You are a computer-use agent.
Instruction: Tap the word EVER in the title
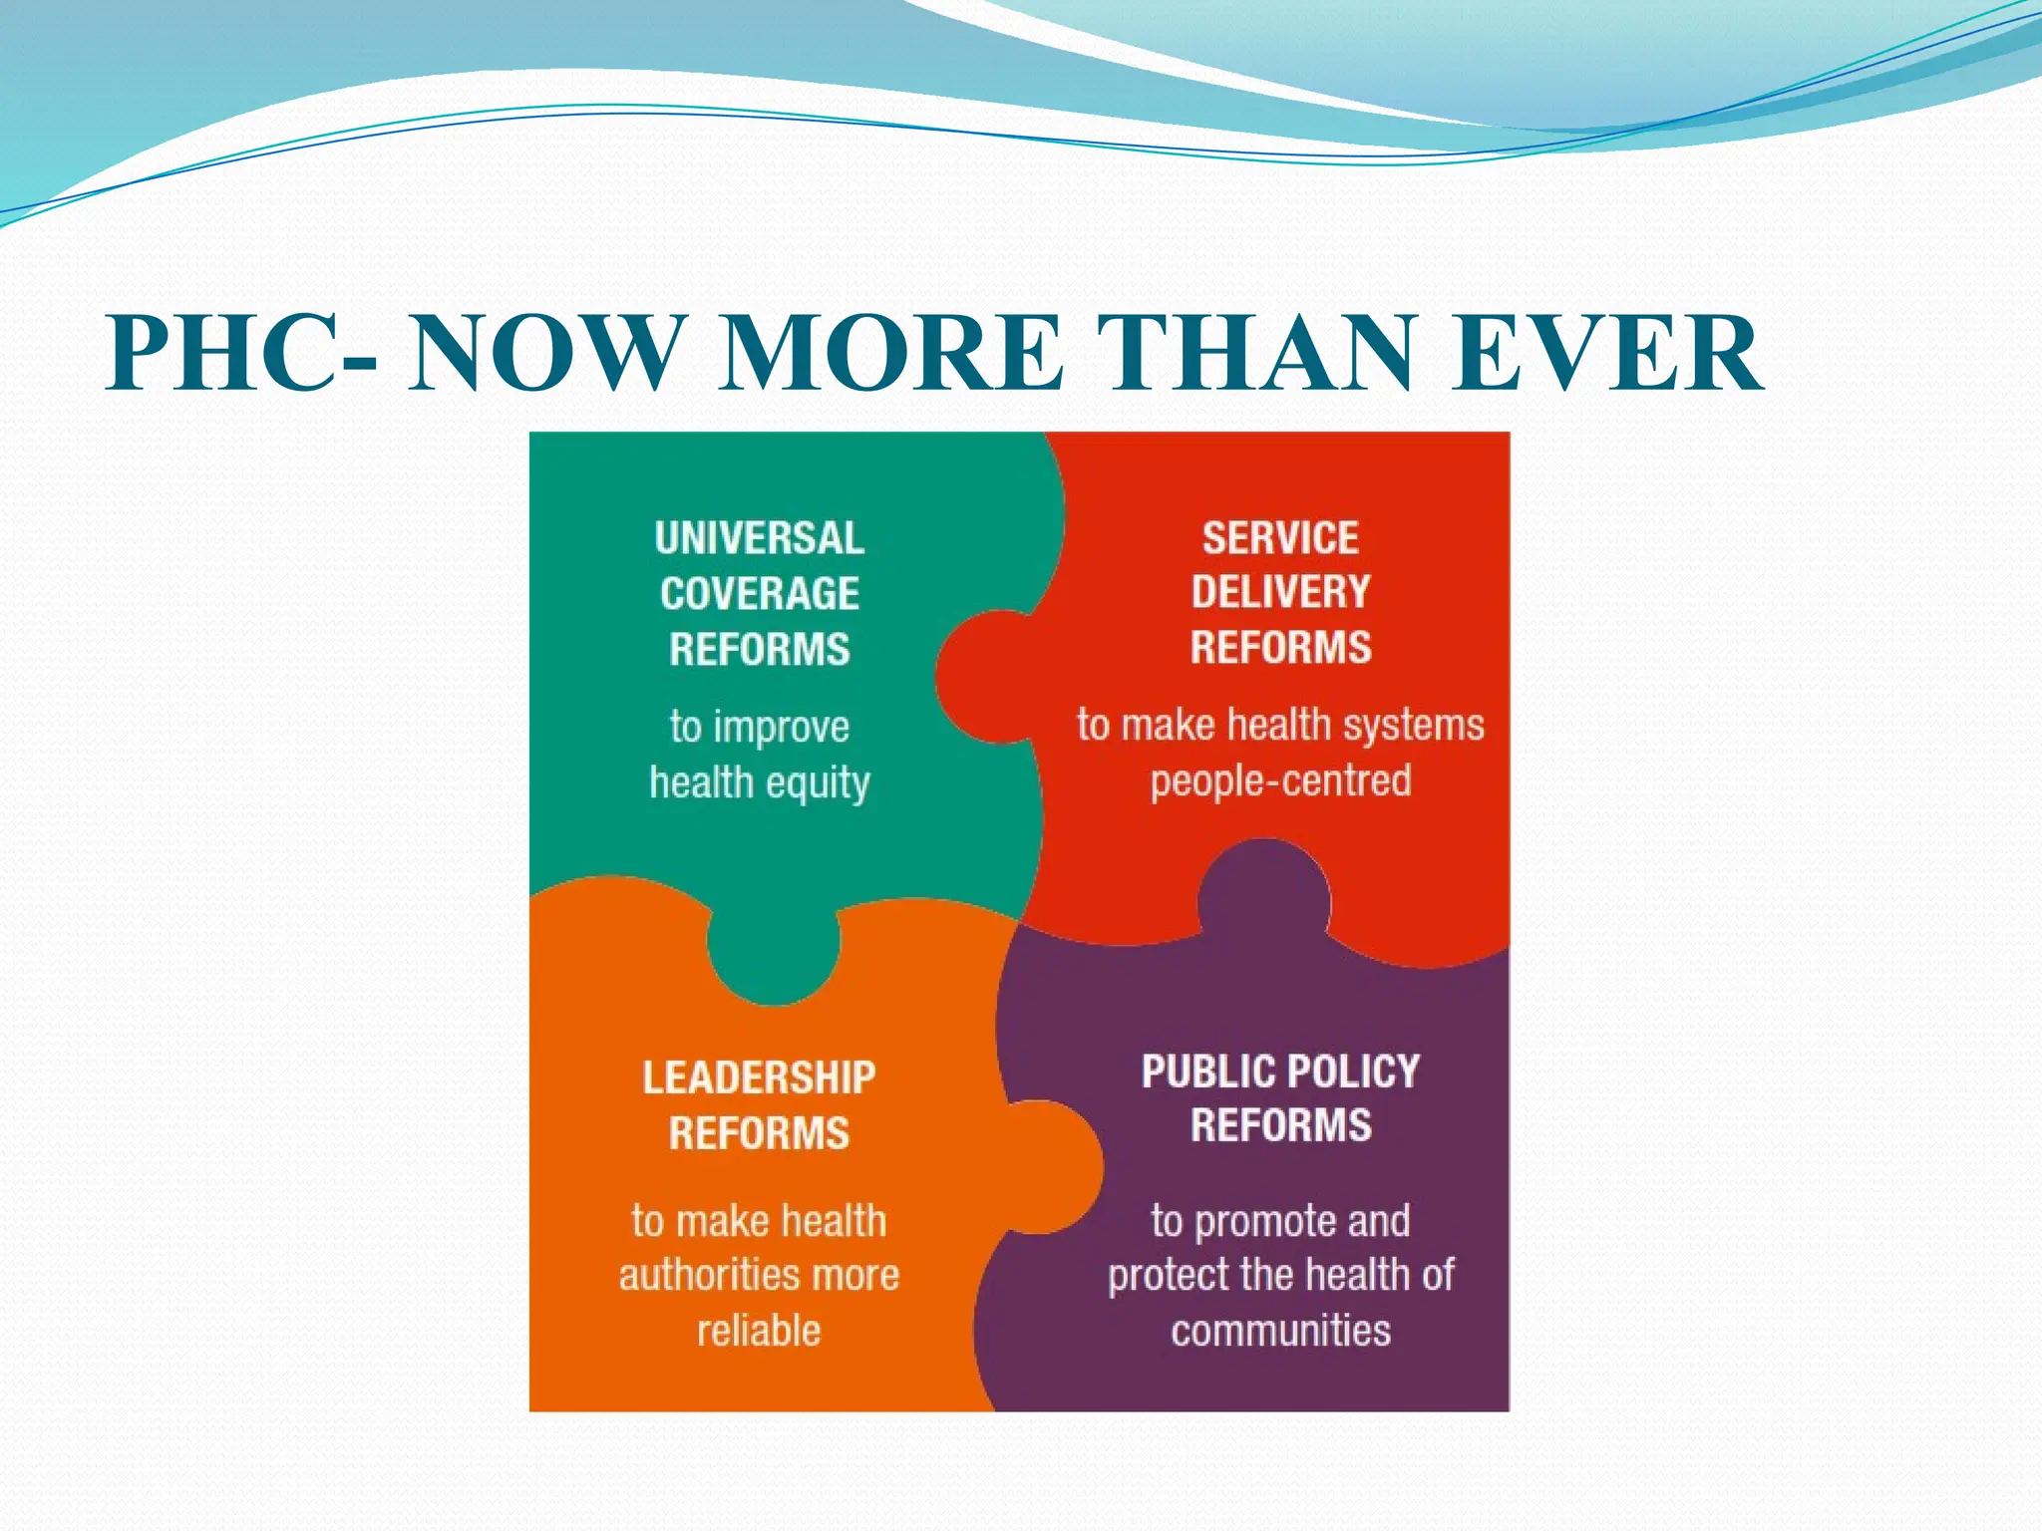(x=1605, y=355)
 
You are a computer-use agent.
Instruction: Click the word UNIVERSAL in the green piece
(x=760, y=538)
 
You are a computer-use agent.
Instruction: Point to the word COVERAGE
(x=760, y=594)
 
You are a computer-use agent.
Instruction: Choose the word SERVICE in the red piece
(x=1280, y=538)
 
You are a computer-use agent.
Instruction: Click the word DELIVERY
(x=1280, y=592)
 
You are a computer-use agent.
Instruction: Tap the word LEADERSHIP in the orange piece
(x=759, y=1077)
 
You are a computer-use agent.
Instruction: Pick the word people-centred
(x=1280, y=780)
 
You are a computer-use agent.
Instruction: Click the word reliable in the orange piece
(x=759, y=1331)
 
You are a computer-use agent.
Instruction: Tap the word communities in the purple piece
(x=1280, y=1331)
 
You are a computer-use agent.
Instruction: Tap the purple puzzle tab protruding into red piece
(x=1263, y=892)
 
